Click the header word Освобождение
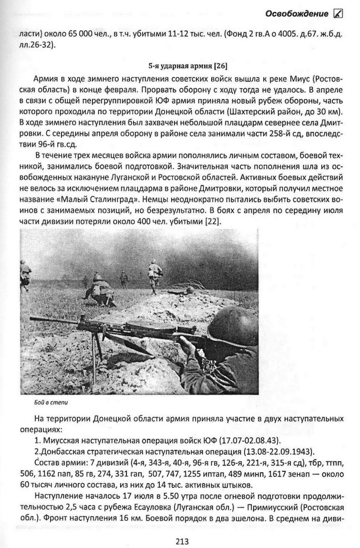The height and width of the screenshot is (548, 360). click(297, 14)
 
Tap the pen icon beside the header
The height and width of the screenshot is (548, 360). click(338, 14)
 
